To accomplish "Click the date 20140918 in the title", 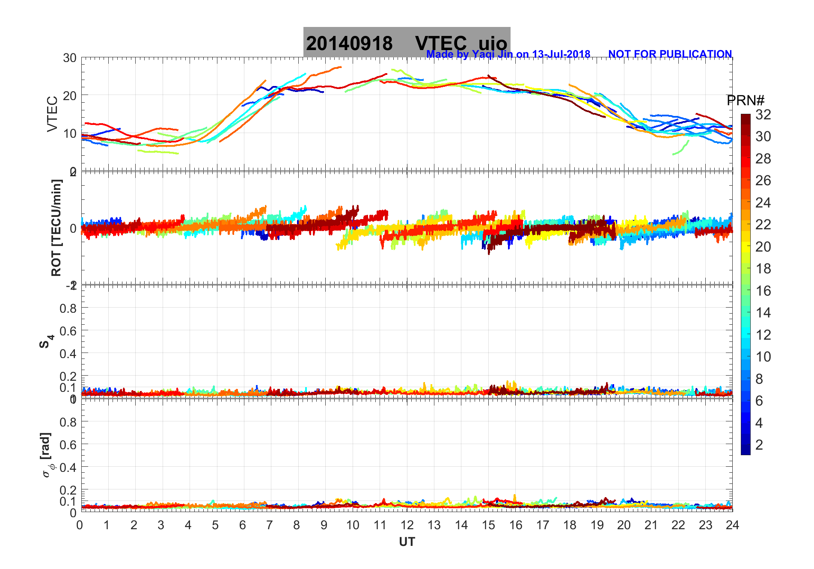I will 349,44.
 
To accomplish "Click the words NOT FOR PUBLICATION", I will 670,54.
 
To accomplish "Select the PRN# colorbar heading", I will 745,101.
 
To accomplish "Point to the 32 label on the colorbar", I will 763,114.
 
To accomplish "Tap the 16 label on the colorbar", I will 763,291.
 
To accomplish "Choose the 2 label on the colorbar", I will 759,445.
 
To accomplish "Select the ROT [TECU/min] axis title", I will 56,228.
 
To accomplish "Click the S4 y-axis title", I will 46,341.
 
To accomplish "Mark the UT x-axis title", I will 407,542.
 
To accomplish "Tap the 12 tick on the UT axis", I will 407,525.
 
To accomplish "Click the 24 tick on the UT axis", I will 732,525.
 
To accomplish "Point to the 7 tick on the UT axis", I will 270,525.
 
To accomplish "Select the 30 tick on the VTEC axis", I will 70,58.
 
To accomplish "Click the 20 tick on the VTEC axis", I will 70,96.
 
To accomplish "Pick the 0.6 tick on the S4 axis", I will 68,331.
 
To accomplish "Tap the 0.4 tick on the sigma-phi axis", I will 68,467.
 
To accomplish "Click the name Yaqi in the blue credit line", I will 482,54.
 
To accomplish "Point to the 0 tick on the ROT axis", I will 73,228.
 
